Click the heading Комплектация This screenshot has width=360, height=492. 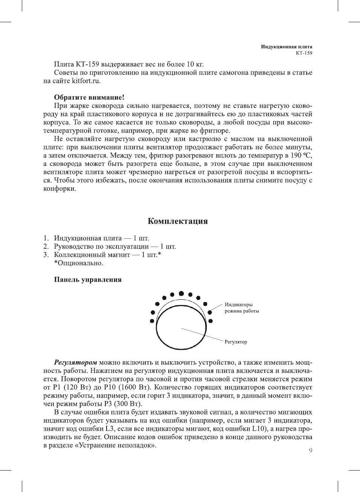(177, 221)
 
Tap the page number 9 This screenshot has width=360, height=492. (310, 451)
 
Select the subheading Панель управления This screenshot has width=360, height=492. (88, 280)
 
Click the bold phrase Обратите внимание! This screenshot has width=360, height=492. (89, 97)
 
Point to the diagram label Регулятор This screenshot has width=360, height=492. (236, 342)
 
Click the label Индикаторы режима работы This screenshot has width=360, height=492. (242, 308)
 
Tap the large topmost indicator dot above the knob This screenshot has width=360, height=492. (181, 293)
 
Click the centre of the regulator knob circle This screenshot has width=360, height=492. (181, 328)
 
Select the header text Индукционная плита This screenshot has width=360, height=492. (287, 47)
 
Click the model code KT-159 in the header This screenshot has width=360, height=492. (304, 53)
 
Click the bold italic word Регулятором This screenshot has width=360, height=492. (75, 363)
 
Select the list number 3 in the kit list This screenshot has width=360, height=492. (46, 255)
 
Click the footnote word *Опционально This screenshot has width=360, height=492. (78, 263)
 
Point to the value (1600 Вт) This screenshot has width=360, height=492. (134, 387)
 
